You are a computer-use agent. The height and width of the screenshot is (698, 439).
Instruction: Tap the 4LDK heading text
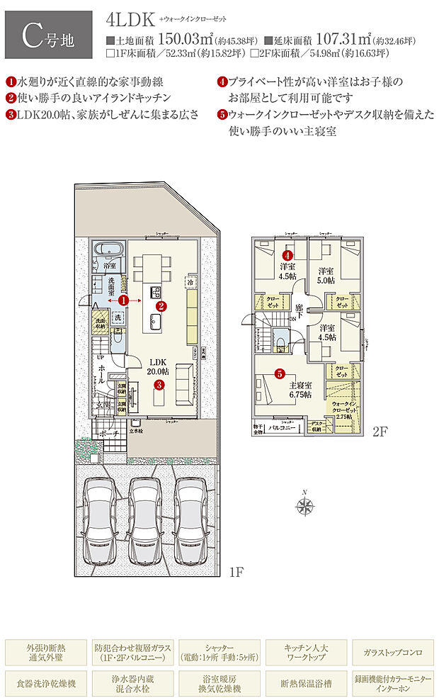(130, 19)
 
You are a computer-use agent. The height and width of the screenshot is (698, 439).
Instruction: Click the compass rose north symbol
(306, 505)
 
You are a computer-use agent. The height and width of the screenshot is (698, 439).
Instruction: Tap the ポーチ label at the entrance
(108, 433)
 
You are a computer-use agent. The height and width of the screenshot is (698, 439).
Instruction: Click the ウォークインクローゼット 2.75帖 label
(344, 410)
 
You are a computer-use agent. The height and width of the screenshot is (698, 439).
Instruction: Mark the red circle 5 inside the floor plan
(280, 373)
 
